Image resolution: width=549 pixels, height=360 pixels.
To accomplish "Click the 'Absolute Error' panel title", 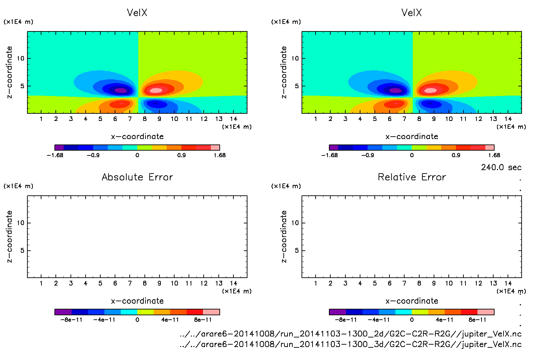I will pos(137,177).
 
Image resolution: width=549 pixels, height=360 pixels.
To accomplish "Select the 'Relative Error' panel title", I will pos(412,177).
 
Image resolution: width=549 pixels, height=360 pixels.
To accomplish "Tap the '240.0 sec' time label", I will pos(501,167).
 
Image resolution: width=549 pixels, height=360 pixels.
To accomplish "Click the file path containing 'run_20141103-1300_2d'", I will pos(350,334).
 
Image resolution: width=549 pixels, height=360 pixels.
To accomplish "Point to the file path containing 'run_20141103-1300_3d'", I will pos(350,344).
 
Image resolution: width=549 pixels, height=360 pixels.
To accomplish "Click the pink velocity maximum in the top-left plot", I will pos(156,91).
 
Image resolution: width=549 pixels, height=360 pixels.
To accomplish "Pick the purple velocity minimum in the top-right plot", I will pos(395,91).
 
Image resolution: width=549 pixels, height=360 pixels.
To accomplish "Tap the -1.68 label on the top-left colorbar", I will pos(55,155).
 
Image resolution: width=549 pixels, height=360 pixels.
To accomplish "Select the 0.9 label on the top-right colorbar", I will pos(456,155).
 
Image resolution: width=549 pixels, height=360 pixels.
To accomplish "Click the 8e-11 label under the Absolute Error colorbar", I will pos(203,320).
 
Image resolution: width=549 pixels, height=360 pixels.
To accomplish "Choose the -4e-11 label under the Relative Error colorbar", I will pos(379,320).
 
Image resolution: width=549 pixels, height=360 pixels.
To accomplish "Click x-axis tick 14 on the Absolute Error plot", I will pos(233,283).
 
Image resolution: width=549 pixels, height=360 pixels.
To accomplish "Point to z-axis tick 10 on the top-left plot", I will pos(21,58).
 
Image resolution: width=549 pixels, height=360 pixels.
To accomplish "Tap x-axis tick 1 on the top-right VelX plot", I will pos(316,119).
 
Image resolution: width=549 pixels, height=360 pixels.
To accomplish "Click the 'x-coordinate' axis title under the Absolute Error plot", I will pos(137,301).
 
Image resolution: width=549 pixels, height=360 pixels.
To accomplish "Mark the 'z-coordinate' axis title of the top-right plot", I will pos(284,72).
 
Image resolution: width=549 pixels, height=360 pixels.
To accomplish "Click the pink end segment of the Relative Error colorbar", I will pos(486,312).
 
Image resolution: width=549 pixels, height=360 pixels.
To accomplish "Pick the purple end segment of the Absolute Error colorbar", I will pos(63,312).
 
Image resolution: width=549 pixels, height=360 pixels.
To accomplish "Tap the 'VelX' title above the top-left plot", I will pos(137,13).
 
